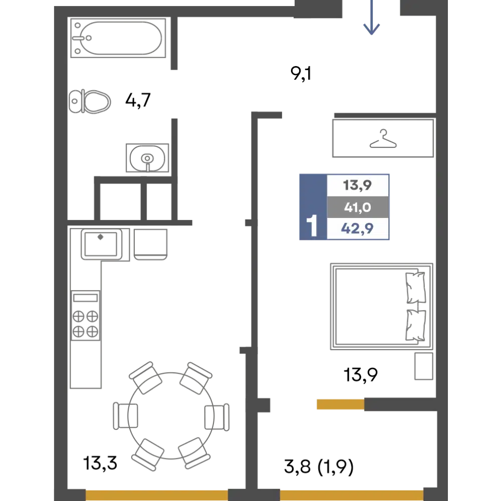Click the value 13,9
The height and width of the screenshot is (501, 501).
click(357, 185)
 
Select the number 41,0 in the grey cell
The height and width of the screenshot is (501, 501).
click(357, 207)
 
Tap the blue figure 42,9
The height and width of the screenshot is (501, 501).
click(357, 229)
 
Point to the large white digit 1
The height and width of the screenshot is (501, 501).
click(312, 226)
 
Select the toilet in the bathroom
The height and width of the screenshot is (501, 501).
click(92, 102)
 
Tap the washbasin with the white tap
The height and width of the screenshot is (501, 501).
click(147, 158)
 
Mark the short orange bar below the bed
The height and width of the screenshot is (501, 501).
click(340, 405)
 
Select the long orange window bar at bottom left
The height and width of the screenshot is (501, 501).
click(156, 491)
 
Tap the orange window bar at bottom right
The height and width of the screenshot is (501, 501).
click(351, 494)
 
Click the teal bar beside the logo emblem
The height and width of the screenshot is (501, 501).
click(407, 24)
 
